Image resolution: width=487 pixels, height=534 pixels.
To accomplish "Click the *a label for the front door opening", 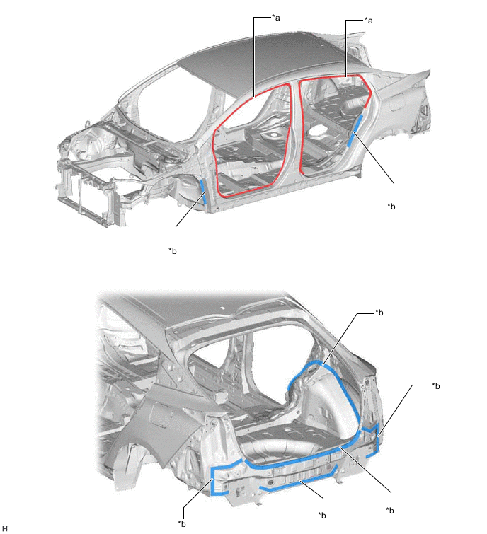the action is coord(275,18).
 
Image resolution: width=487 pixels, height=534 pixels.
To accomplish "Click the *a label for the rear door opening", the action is coord(368,21).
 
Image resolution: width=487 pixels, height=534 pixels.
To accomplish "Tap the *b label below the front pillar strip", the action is coord(173,251).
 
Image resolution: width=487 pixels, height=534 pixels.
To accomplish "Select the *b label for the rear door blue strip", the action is coord(391,206).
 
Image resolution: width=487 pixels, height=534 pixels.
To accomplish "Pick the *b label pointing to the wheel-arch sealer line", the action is coord(379,313).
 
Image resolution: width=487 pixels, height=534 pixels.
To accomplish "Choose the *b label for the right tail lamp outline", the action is coord(435,386).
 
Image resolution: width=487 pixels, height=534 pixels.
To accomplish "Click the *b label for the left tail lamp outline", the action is coord(182,524).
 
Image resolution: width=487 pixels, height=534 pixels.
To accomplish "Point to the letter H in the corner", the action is coord(4,528).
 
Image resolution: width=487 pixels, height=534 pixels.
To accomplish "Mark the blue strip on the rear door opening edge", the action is coord(355,130).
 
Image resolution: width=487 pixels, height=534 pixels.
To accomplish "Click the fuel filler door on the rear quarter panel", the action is coord(161,414).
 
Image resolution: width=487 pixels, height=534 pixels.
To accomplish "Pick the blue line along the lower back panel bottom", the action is coord(300,481).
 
